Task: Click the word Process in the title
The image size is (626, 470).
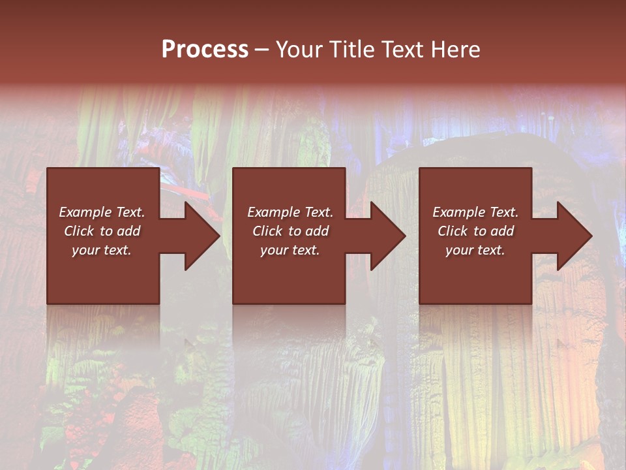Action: click(205, 50)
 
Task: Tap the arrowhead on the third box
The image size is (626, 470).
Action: click(573, 236)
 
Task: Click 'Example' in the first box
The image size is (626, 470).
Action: click(85, 212)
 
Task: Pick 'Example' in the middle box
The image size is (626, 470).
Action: click(273, 212)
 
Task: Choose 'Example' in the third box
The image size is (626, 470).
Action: click(458, 212)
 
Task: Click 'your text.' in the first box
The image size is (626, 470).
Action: click(102, 250)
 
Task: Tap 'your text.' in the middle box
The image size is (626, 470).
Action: click(290, 250)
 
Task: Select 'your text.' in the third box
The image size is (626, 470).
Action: click(475, 250)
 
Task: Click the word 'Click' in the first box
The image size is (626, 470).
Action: click(79, 231)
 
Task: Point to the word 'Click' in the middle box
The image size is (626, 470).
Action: click(267, 231)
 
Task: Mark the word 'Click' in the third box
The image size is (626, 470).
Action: click(453, 231)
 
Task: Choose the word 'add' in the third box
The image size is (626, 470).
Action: click(503, 231)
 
